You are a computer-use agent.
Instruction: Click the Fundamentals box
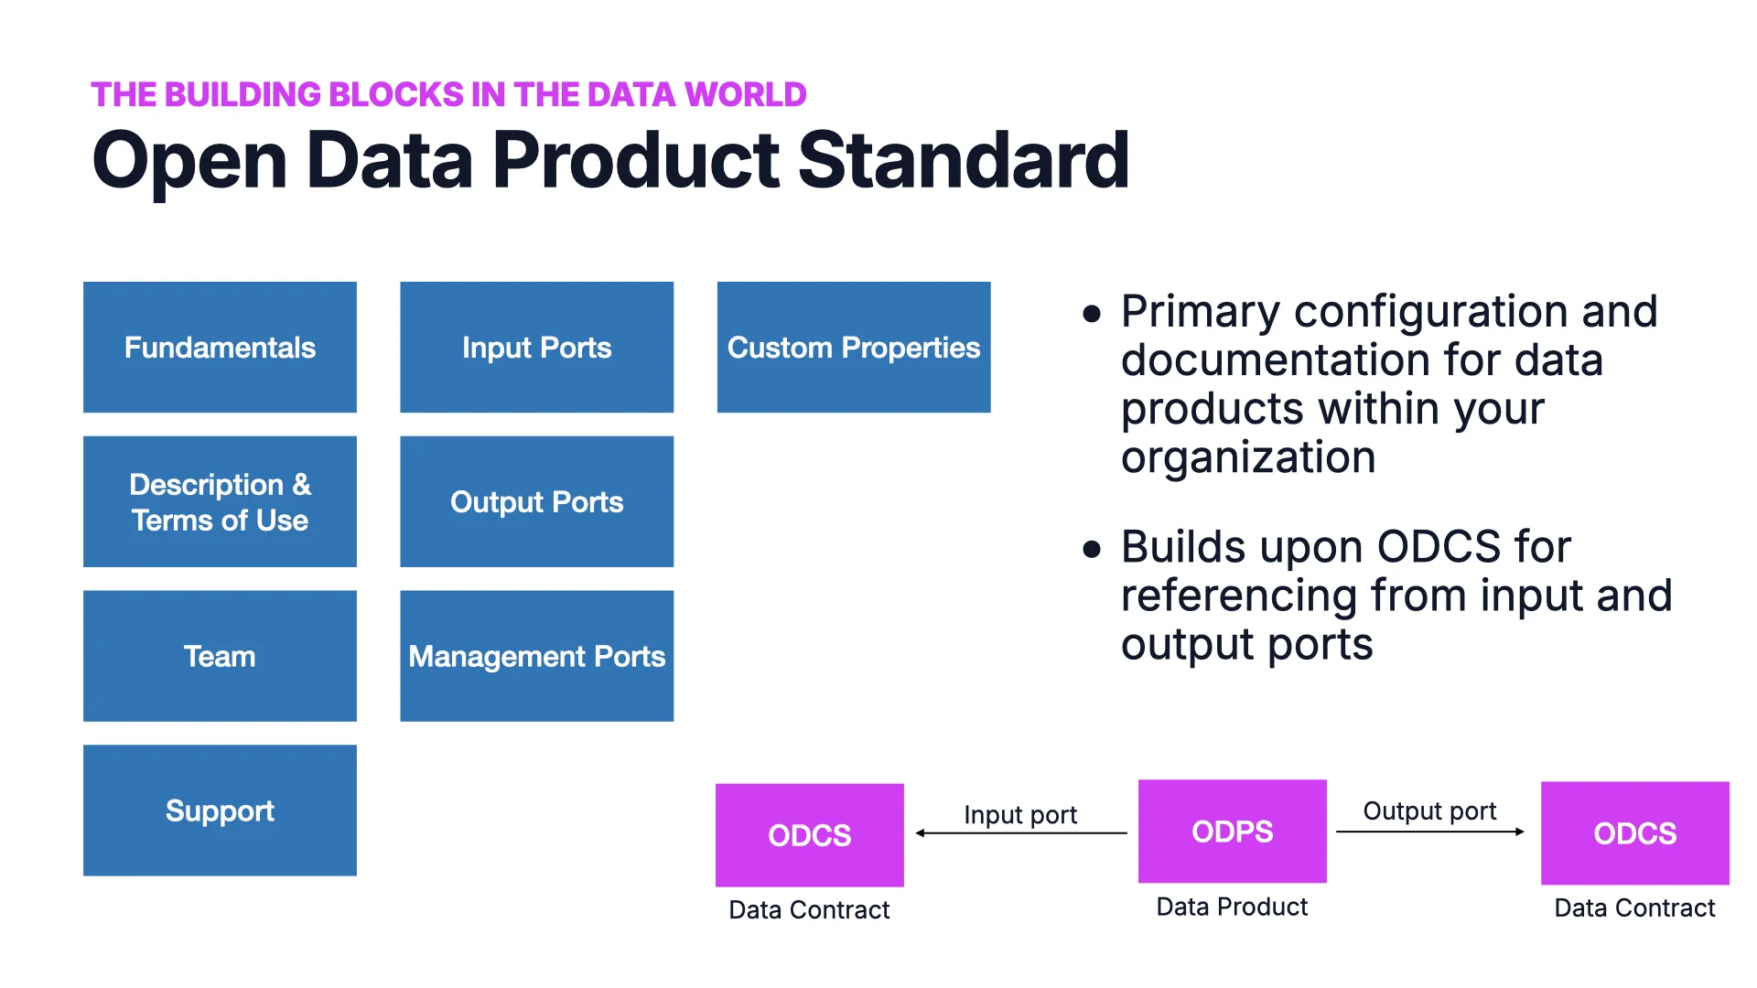pyautogui.click(x=220, y=347)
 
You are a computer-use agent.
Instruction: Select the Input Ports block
pyautogui.click(x=536, y=347)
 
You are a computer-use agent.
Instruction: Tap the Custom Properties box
pyautogui.click(x=853, y=347)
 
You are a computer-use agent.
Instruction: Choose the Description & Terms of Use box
pyautogui.click(x=220, y=501)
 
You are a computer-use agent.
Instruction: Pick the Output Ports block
pyautogui.click(x=536, y=501)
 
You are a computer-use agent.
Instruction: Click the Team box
pyautogui.click(x=220, y=656)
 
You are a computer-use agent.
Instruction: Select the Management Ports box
pyautogui.click(x=536, y=656)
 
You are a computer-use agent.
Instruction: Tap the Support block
pyautogui.click(x=220, y=811)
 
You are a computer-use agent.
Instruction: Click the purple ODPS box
pyautogui.click(x=1232, y=831)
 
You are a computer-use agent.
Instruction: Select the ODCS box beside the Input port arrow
pyautogui.click(x=809, y=834)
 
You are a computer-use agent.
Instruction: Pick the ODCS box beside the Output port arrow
pyautogui.click(x=1634, y=832)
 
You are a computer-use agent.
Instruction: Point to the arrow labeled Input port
pyautogui.click(x=1020, y=832)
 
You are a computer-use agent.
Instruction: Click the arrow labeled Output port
pyautogui.click(x=1429, y=832)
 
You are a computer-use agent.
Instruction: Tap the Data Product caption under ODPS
pyautogui.click(x=1232, y=907)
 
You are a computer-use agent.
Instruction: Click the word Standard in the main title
pyautogui.click(x=963, y=160)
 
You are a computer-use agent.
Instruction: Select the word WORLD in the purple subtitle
pyautogui.click(x=745, y=94)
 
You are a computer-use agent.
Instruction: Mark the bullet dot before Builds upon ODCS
pyautogui.click(x=1091, y=550)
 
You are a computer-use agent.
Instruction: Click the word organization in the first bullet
pyautogui.click(x=1248, y=456)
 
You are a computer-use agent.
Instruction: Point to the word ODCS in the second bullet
pyautogui.click(x=1439, y=547)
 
